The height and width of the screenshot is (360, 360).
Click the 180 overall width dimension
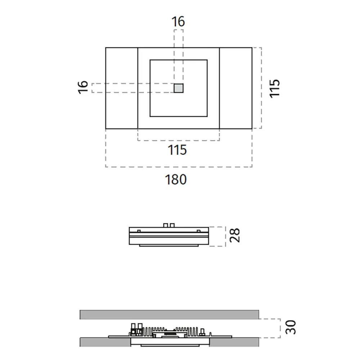coord(176,179)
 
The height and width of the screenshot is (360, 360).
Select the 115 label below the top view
coord(177,150)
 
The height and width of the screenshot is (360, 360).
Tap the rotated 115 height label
coord(275,87)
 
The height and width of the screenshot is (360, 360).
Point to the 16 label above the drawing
coord(178,22)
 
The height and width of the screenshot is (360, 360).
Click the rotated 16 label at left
coord(83,87)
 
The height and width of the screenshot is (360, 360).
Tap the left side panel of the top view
coord(122,88)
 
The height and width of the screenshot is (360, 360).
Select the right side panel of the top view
coord(235,88)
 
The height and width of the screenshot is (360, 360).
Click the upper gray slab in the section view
coord(169,314)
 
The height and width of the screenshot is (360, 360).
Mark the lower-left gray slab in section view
coord(104,342)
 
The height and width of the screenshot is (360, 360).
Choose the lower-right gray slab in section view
coord(234,342)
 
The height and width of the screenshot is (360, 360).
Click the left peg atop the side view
coord(166,225)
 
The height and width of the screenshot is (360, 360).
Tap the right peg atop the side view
coord(172,225)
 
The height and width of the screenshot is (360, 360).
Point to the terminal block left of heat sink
coord(136,329)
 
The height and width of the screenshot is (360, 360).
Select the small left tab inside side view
coord(139,230)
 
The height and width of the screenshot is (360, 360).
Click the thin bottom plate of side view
coord(169,246)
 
